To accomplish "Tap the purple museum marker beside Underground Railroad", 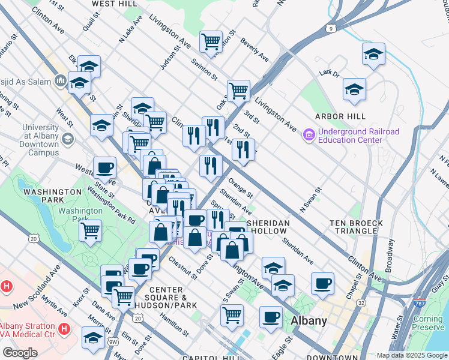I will [x=309, y=136].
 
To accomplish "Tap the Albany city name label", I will [x=309, y=320].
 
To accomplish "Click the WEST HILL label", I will [x=113, y=4].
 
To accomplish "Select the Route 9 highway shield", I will [x=331, y=28].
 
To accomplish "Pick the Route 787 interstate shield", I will [x=420, y=305].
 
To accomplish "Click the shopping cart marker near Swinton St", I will [x=211, y=41].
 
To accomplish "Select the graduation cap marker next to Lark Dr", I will [x=354, y=89].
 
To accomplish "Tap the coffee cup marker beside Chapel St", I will [x=322, y=283].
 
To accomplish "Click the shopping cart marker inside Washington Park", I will [x=90, y=230].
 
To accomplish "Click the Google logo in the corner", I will [x=20, y=352].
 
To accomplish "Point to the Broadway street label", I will [x=391, y=254].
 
